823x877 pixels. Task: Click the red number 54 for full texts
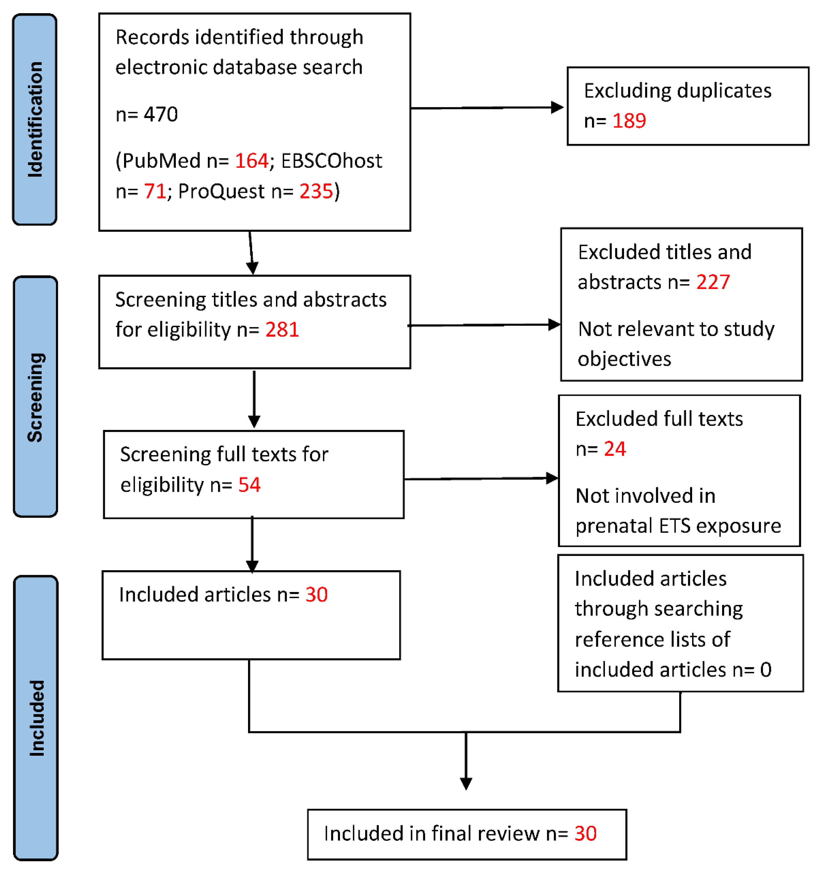pos(249,485)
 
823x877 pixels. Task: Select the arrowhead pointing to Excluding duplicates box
pos(557,107)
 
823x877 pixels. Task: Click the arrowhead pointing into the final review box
pos(466,784)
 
